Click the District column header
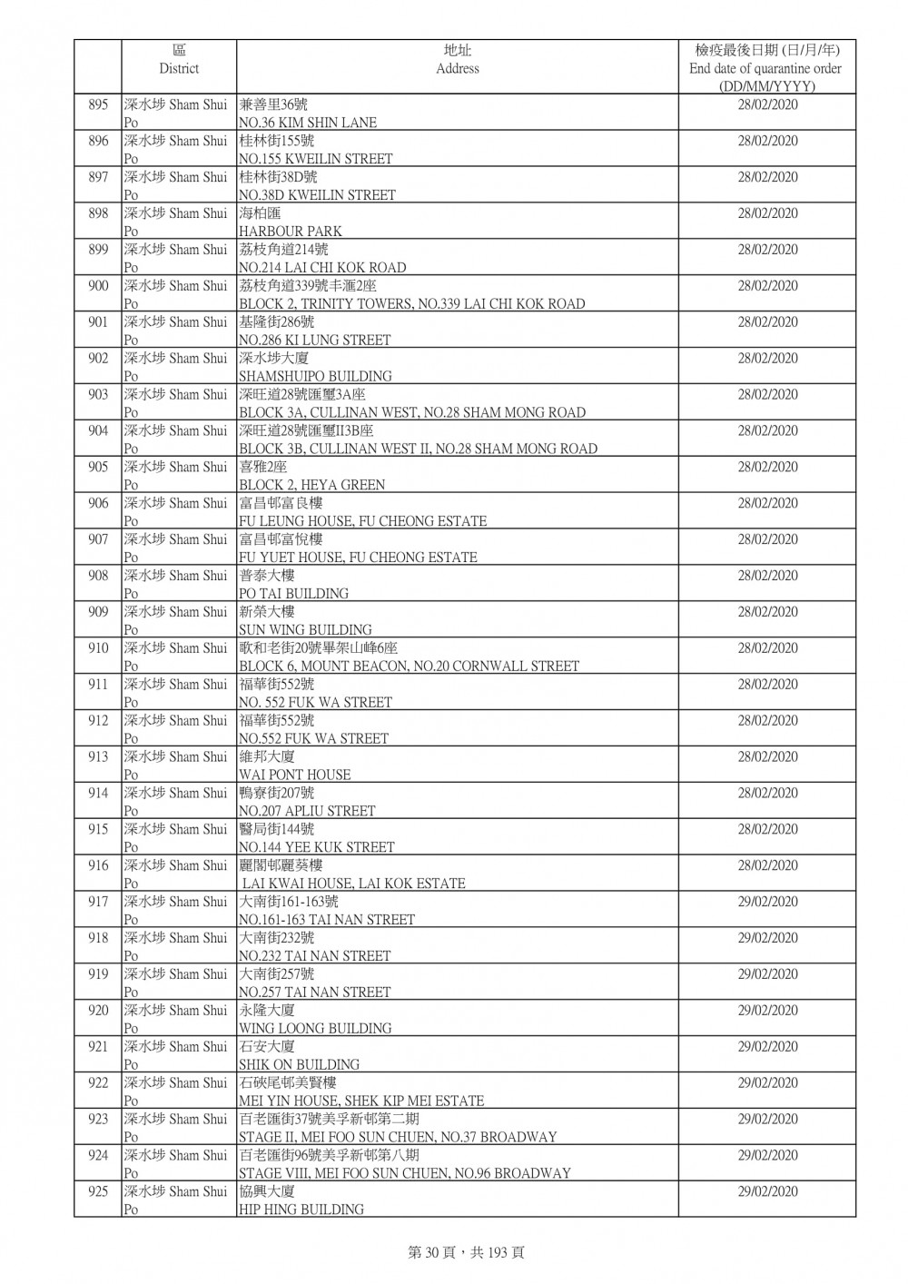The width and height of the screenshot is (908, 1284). [179, 60]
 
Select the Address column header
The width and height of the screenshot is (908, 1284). [457, 60]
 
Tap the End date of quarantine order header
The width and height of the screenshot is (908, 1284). [765, 68]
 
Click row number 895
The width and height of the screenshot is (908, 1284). [98, 104]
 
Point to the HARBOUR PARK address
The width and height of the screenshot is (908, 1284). [291, 232]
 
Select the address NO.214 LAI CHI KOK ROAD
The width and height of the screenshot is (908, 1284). [322, 268]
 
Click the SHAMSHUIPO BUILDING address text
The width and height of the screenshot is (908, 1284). [315, 376]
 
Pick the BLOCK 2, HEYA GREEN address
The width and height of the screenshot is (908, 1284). [311, 485]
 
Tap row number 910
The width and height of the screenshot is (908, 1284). [98, 648]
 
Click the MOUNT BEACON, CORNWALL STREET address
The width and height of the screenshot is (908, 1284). [409, 667]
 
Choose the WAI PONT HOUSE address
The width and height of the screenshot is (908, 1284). [294, 775]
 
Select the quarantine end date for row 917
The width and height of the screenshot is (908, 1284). [767, 902]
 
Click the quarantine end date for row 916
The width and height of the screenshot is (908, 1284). [767, 865]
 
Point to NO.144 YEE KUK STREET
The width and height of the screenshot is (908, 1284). [316, 847]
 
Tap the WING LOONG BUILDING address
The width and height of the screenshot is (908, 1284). [315, 1028]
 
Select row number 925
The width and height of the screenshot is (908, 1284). [98, 1191]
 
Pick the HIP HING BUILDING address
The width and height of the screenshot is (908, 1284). [301, 1210]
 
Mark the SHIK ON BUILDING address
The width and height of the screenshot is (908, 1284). [299, 1064]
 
